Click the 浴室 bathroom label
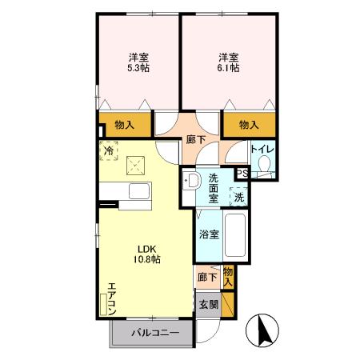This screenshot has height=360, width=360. click(207, 235)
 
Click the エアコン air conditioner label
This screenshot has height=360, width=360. click(111, 298)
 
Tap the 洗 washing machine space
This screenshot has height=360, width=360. click(239, 194)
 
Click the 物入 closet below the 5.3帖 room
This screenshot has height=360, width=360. click(124, 125)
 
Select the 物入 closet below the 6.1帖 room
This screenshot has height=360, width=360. click(249, 125)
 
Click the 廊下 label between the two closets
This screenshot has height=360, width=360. click(194, 139)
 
